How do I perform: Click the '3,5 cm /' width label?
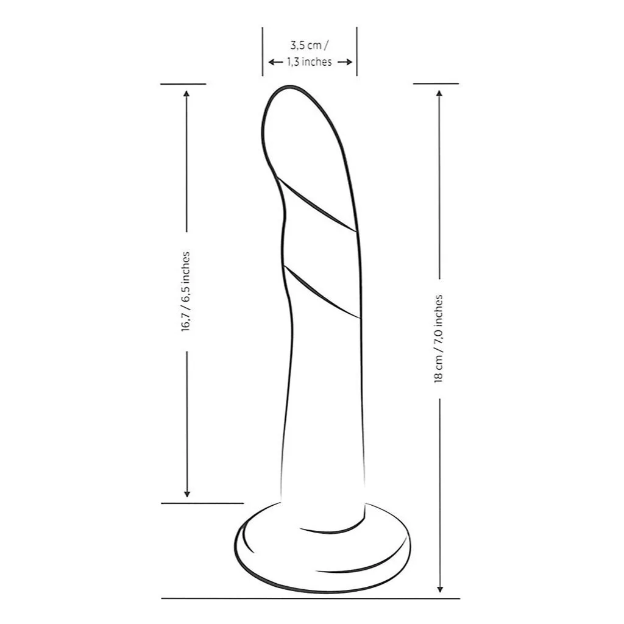click(x=310, y=45)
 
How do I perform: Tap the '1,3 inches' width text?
click(x=310, y=62)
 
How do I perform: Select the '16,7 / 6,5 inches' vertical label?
click(x=185, y=292)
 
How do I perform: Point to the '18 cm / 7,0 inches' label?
click(x=439, y=339)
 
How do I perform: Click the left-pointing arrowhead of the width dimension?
click(x=271, y=62)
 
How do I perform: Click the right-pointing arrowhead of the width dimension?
click(x=349, y=62)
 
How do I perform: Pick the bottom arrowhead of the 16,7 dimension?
click(x=186, y=494)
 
